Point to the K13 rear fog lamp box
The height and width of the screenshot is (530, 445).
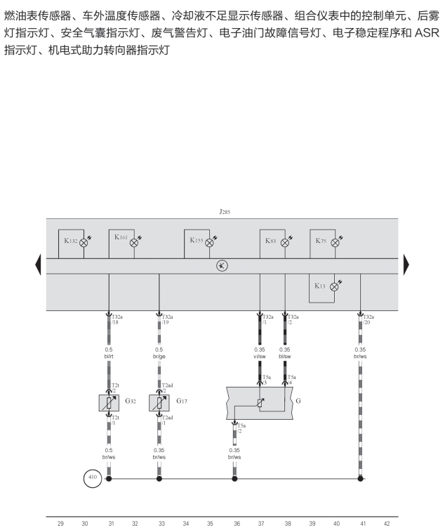click(x=323, y=286)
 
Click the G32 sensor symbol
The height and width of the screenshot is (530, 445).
click(x=109, y=403)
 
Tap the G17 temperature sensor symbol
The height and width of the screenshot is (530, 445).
click(x=159, y=403)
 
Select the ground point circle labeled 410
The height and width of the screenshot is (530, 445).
click(x=92, y=479)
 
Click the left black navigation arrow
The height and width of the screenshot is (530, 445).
click(x=39, y=265)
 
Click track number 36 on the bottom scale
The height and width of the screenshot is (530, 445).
click(x=236, y=523)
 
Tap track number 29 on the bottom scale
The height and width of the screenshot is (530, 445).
click(x=60, y=523)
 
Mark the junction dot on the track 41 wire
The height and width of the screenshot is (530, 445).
click(x=361, y=479)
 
